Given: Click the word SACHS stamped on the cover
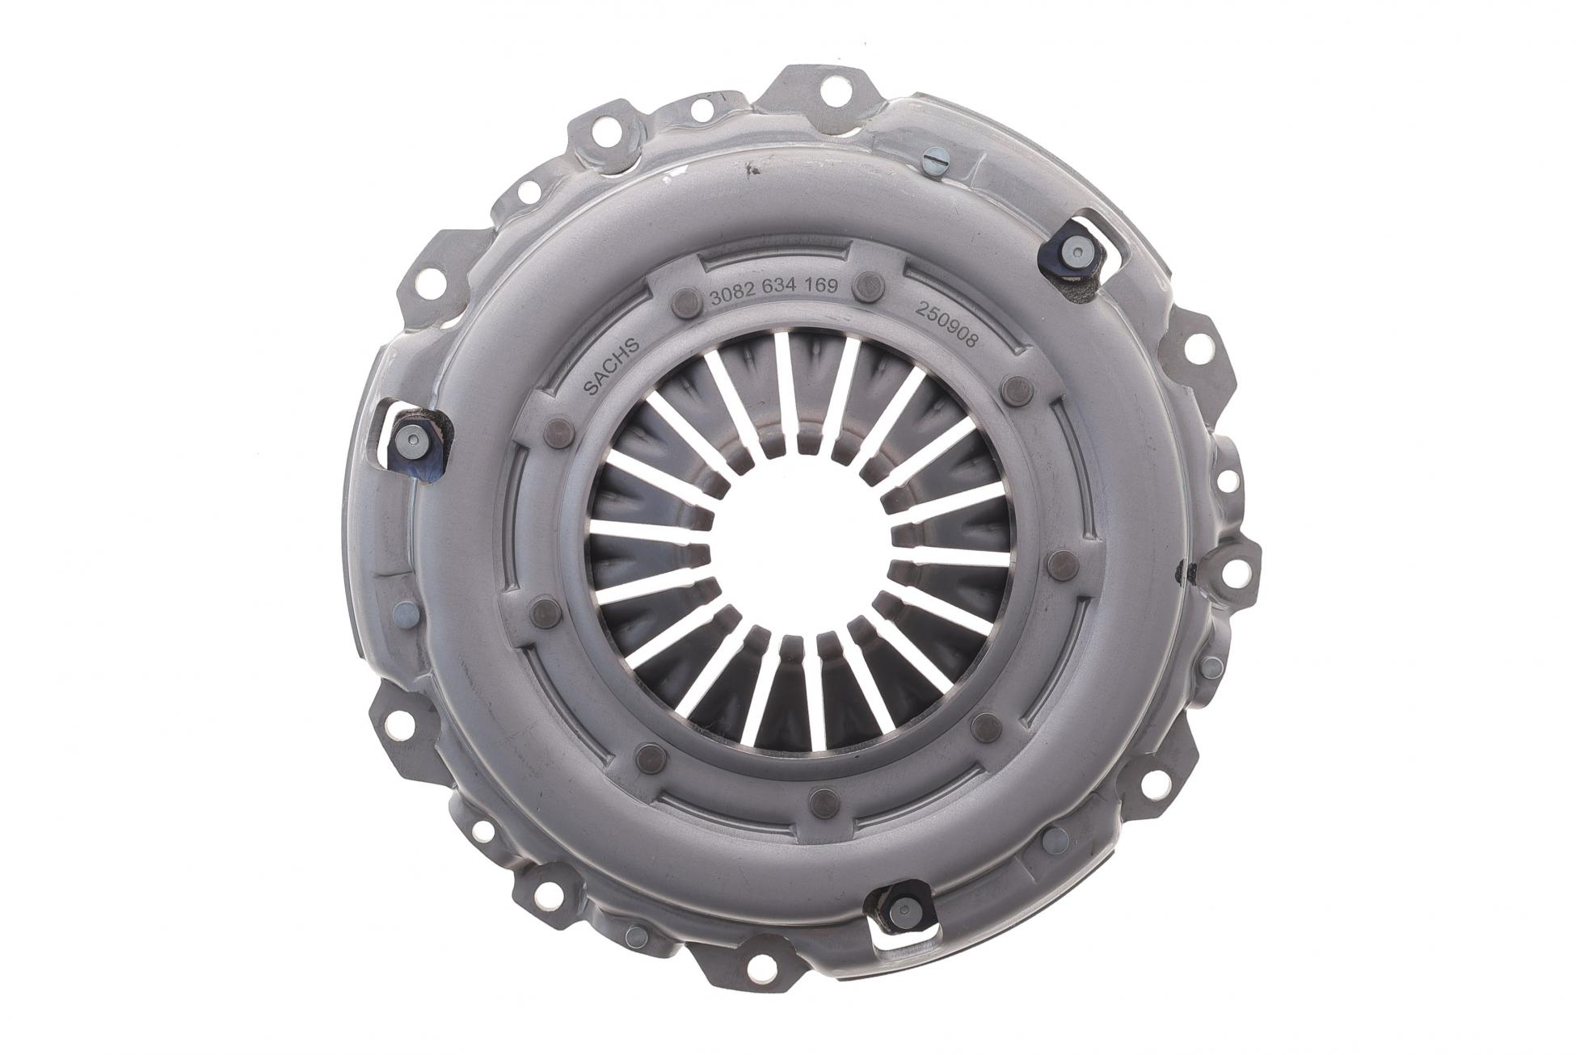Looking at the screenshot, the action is click(x=612, y=366).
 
